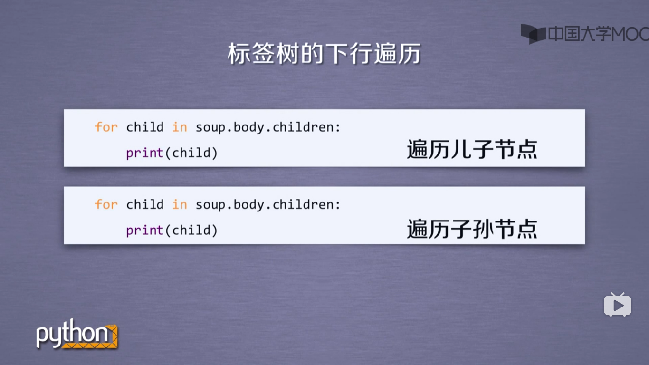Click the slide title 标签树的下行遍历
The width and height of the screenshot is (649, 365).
click(x=324, y=54)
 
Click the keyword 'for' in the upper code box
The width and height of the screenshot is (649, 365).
click(x=106, y=127)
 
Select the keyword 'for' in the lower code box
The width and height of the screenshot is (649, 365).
click(x=106, y=205)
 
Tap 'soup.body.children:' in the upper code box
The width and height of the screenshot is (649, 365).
click(x=268, y=127)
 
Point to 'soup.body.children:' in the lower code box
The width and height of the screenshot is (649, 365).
click(x=268, y=205)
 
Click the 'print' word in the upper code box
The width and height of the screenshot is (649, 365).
click(x=145, y=153)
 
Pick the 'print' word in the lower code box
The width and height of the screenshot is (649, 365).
click(x=145, y=231)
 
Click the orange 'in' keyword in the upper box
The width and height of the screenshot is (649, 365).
click(x=180, y=127)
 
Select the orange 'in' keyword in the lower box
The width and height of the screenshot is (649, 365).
click(x=180, y=205)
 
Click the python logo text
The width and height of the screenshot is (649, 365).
click(x=71, y=335)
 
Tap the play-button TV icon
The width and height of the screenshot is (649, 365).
click(x=617, y=305)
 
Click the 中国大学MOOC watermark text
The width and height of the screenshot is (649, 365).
click(x=598, y=34)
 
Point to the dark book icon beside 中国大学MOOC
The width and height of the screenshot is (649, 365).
click(x=533, y=34)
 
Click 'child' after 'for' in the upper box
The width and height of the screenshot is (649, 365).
click(x=145, y=127)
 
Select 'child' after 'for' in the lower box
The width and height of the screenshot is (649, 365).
click(x=145, y=205)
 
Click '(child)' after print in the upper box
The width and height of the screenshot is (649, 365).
click(x=191, y=153)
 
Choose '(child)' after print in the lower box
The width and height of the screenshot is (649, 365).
click(x=191, y=231)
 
